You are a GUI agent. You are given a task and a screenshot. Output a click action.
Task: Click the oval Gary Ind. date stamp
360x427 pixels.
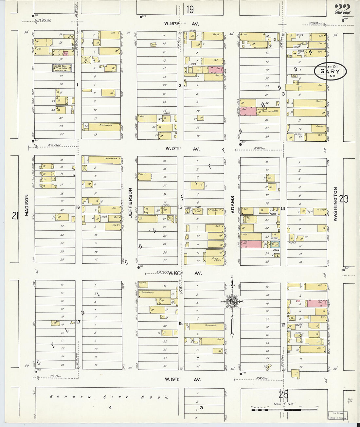330,71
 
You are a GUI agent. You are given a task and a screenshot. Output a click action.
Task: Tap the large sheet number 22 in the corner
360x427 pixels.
342,9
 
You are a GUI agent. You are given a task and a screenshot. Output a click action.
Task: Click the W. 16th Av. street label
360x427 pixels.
182,24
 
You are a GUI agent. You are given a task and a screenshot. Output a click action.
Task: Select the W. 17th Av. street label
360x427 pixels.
182,149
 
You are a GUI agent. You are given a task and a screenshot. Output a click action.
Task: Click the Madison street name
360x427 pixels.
27,205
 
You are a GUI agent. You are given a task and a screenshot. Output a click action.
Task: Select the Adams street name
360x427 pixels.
233,205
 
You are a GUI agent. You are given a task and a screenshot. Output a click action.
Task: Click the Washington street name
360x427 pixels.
335,204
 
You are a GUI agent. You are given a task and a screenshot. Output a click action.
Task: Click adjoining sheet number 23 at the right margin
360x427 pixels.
344,199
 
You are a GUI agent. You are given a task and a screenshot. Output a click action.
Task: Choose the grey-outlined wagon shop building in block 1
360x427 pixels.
62,68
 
